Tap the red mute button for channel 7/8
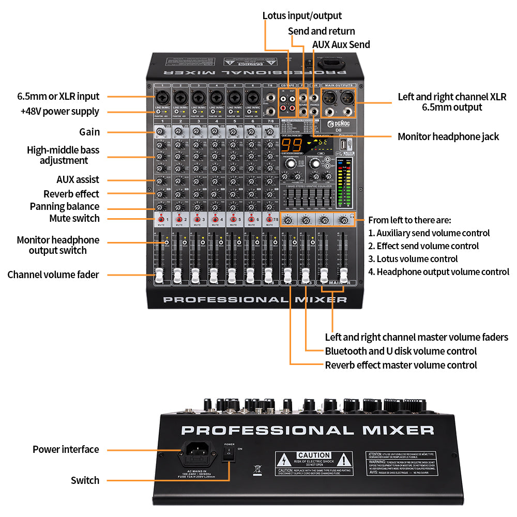270,220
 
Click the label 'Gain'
89,132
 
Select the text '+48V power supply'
59,112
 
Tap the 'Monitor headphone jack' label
448,136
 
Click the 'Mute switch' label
74,219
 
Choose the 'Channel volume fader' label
53,275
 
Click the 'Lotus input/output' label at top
302,16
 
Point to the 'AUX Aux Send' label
341,44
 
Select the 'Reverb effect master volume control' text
401,365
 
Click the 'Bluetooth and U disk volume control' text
401,351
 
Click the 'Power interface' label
66,449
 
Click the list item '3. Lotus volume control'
413,259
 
